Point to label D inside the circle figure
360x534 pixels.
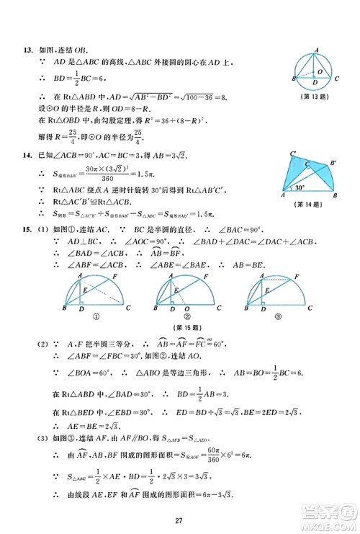click(x=314, y=81)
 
